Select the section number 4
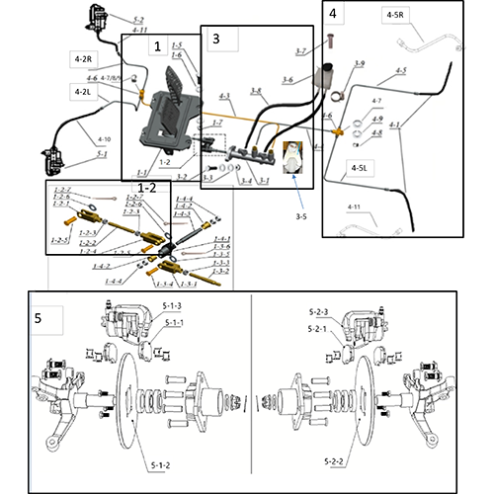[334, 14]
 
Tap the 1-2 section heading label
[144, 186]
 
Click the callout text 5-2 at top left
[136, 20]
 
